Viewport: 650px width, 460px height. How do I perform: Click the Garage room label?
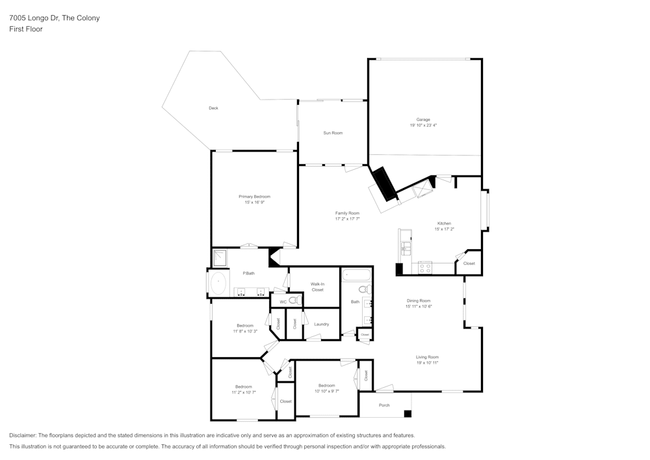(x=423, y=120)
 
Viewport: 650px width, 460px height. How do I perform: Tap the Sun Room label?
(x=333, y=133)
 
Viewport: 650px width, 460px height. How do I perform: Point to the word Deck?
(x=213, y=108)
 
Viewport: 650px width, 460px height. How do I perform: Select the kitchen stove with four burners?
(x=425, y=267)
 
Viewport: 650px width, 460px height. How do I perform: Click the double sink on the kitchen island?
(x=406, y=247)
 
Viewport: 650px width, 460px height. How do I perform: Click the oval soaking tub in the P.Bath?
(x=218, y=284)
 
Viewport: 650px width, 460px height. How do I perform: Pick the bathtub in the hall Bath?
(x=357, y=276)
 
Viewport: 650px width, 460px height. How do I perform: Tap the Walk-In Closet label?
(x=317, y=286)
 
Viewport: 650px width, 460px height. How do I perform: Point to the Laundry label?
(x=321, y=324)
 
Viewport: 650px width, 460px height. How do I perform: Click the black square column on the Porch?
(x=408, y=413)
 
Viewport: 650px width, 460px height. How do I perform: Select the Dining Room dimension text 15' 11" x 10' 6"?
(x=419, y=306)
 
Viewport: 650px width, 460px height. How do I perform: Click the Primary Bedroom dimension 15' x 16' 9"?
(x=254, y=202)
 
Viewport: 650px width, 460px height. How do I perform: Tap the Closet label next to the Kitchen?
(x=469, y=264)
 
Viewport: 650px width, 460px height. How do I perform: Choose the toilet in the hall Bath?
(x=364, y=290)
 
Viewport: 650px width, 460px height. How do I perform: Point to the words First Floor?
(x=26, y=29)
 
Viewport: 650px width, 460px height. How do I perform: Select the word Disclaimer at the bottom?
(x=23, y=435)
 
